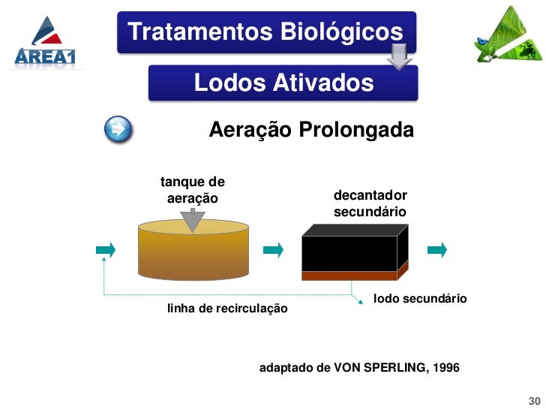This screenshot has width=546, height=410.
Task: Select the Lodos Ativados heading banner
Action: pyautogui.click(x=283, y=83)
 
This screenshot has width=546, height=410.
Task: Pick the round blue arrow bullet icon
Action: pyautogui.click(x=118, y=130)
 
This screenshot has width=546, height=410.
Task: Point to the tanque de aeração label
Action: pyautogui.click(x=193, y=190)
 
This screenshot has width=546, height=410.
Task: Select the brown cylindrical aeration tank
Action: pyautogui.click(x=193, y=252)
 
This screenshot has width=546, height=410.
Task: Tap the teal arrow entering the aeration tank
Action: pyautogui.click(x=106, y=249)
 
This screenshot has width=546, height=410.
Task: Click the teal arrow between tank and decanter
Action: pyautogui.click(x=273, y=249)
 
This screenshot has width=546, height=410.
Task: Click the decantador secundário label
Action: pyautogui.click(x=370, y=203)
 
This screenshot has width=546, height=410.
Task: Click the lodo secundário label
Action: pyautogui.click(x=420, y=299)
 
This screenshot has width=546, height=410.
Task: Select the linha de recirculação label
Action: pyautogui.click(x=226, y=309)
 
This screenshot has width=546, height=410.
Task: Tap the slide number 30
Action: pyautogui.click(x=535, y=399)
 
